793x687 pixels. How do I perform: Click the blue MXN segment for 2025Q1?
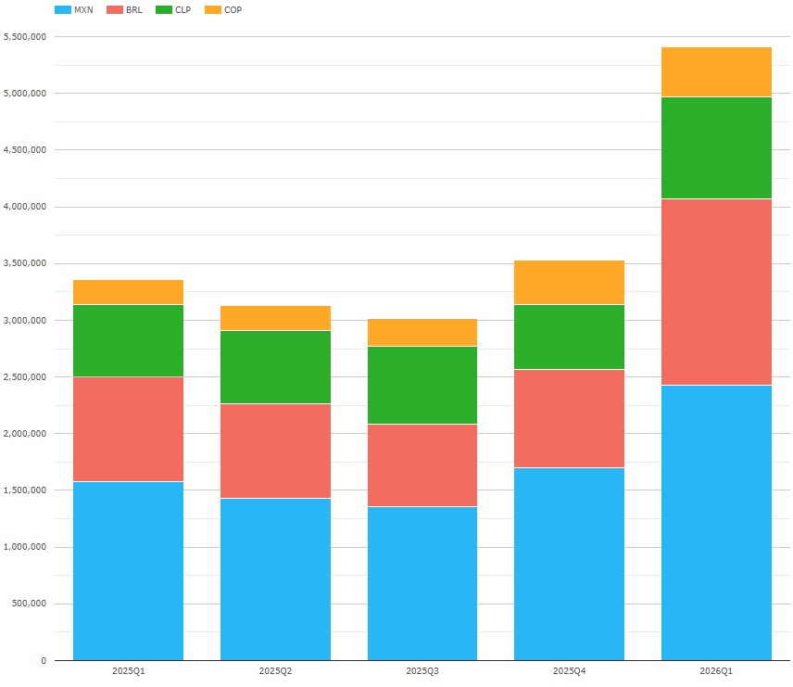point(128,570)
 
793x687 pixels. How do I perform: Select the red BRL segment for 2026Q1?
point(716,291)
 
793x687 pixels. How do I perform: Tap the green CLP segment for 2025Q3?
point(422,385)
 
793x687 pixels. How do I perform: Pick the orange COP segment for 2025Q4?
point(569,282)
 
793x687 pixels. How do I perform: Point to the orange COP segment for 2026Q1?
point(716,71)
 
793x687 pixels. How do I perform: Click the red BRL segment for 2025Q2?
point(275,451)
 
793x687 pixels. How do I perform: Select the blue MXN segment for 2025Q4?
point(569,564)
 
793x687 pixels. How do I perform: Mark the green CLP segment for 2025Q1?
point(128,340)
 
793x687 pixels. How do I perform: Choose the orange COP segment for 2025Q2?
point(275,318)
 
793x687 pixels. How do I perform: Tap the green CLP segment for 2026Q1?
point(716,147)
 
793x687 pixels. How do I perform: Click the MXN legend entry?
point(74,10)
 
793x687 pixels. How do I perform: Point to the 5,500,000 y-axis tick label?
point(25,36)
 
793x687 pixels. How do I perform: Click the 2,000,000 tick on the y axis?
point(25,434)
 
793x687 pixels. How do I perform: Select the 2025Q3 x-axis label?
point(422,669)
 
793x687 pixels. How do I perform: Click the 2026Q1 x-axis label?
point(716,669)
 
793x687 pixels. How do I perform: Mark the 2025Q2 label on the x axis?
point(275,669)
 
